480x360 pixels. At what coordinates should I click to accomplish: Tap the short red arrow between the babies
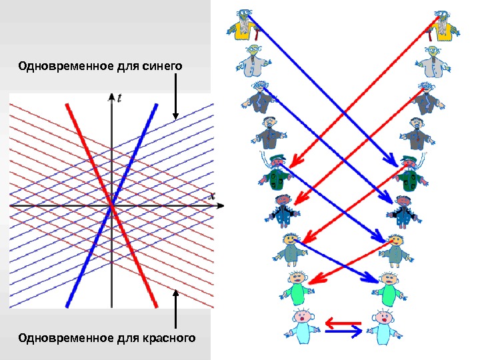[x=343, y=323]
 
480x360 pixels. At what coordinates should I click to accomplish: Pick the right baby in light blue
[x=383, y=326]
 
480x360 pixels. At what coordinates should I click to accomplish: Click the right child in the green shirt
[x=388, y=287]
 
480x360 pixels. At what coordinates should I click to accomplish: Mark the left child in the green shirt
[x=298, y=287]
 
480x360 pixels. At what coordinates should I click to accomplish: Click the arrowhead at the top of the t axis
[x=111, y=97]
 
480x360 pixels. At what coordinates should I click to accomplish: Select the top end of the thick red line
[x=67, y=105]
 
